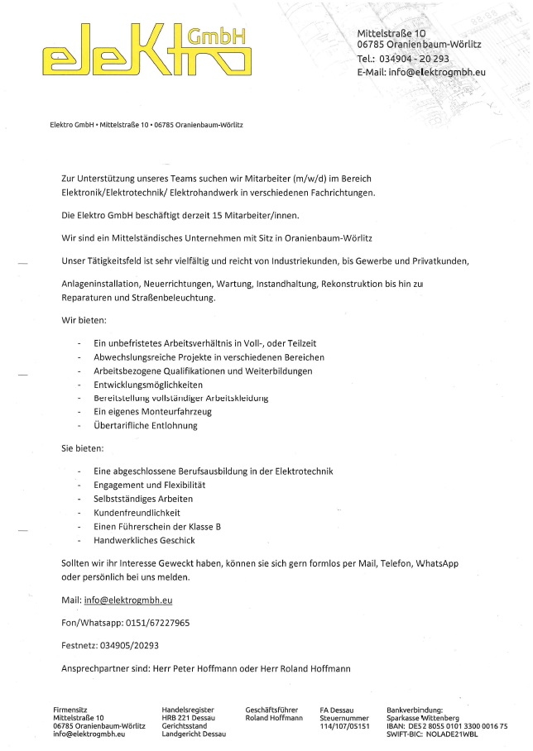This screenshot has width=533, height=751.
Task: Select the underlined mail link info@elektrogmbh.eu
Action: pyautogui.click(x=128, y=599)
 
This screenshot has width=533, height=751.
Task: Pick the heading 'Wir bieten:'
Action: pyautogui.click(x=84, y=318)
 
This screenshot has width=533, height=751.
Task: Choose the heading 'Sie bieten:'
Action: pyautogui.click(x=83, y=448)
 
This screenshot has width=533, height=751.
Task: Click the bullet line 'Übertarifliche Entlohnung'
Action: pyautogui.click(x=146, y=426)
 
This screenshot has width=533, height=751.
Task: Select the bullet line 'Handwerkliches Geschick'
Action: pyautogui.click(x=144, y=540)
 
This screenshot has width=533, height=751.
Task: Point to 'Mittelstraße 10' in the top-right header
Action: pyautogui.click(x=391, y=32)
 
